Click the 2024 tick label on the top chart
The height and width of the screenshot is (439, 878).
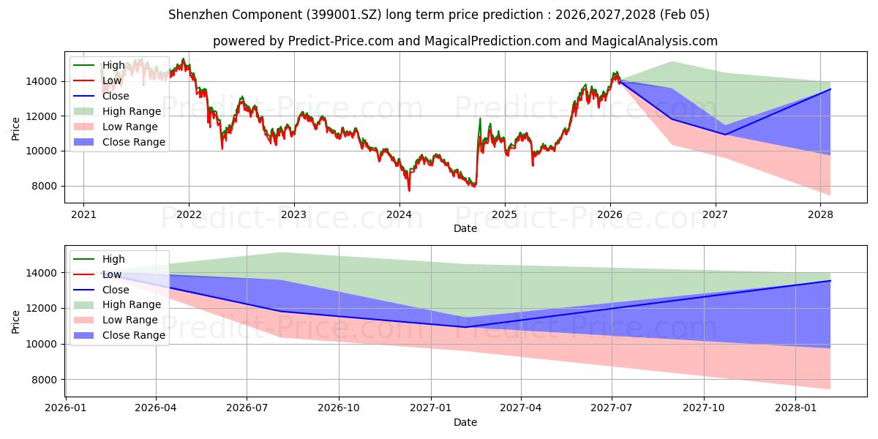coord(399,214)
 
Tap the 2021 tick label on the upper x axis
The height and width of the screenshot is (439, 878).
coord(83,214)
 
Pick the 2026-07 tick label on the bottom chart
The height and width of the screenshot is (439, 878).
coord(248,408)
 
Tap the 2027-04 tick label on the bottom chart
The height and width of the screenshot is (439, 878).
coord(521,408)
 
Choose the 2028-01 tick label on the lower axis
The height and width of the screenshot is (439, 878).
coord(795,408)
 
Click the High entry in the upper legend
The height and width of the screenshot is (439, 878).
coord(113,65)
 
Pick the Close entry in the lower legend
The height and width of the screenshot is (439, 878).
coord(116,289)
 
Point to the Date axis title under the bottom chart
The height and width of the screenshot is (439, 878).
coord(465,422)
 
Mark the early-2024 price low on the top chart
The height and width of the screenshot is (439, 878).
coord(409,190)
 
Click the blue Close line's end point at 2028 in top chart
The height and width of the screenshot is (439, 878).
coord(830,89)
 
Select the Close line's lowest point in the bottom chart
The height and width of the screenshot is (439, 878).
coord(465,327)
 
